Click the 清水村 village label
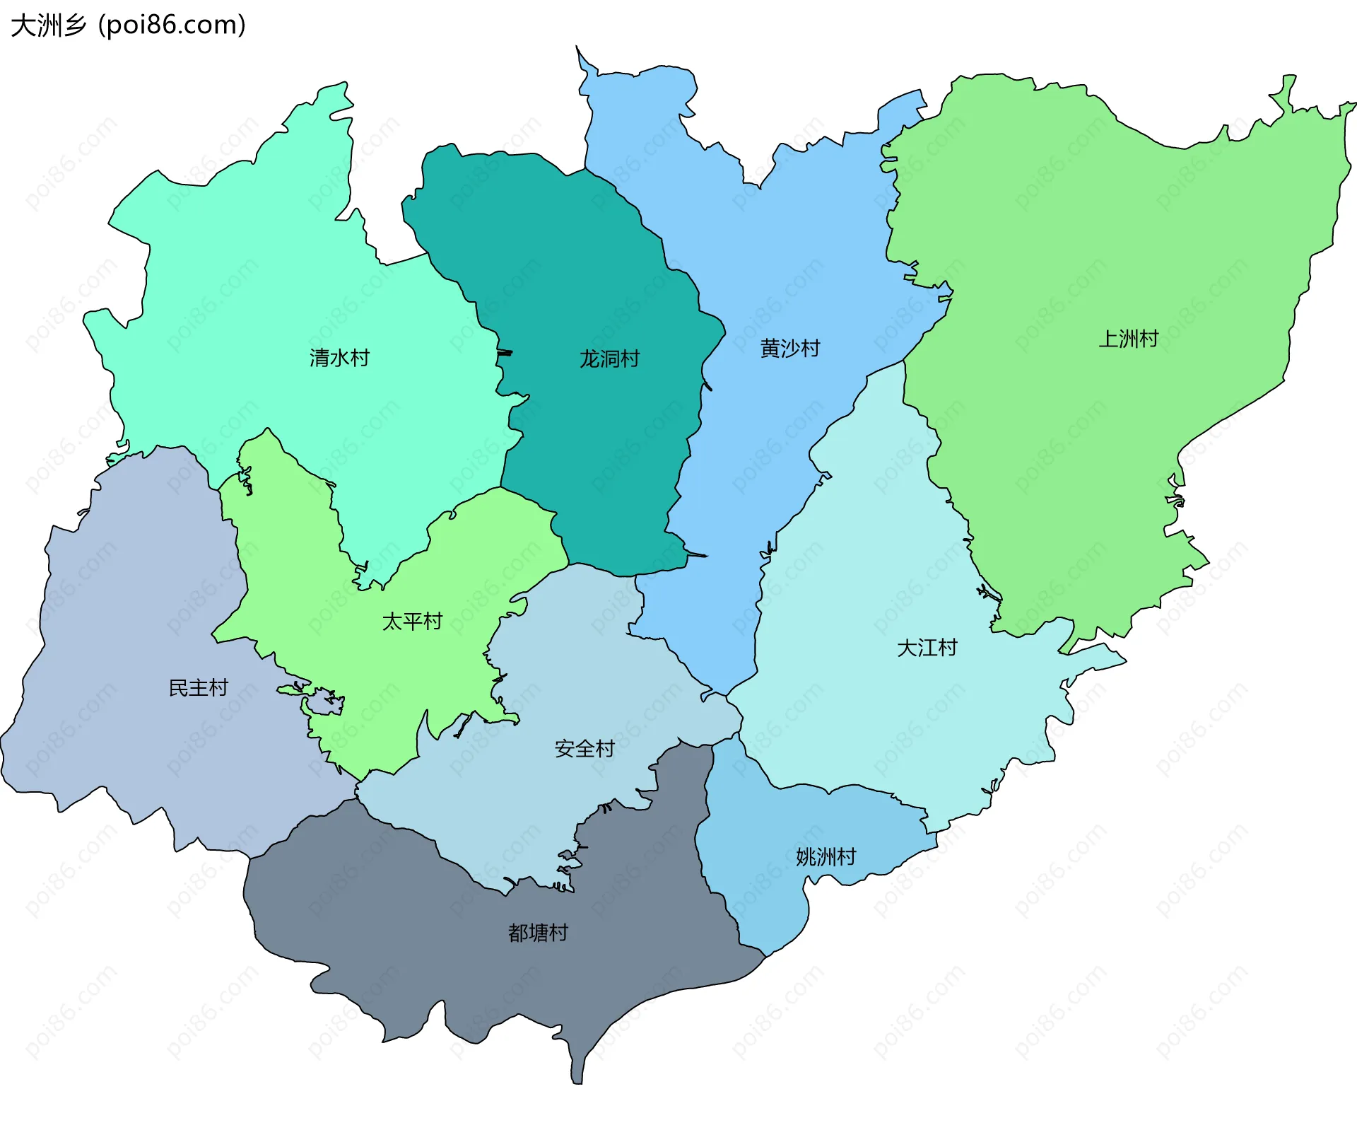click(339, 358)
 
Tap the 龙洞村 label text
click(609, 359)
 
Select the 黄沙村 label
click(790, 348)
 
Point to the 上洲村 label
click(1128, 339)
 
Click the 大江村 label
click(927, 648)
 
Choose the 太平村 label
click(412, 622)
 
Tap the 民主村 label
click(199, 688)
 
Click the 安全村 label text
click(584, 749)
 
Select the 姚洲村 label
click(826, 857)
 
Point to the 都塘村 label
click(538, 933)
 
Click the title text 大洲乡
click(48, 25)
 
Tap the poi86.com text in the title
click(172, 25)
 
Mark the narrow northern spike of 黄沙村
click(582, 57)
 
